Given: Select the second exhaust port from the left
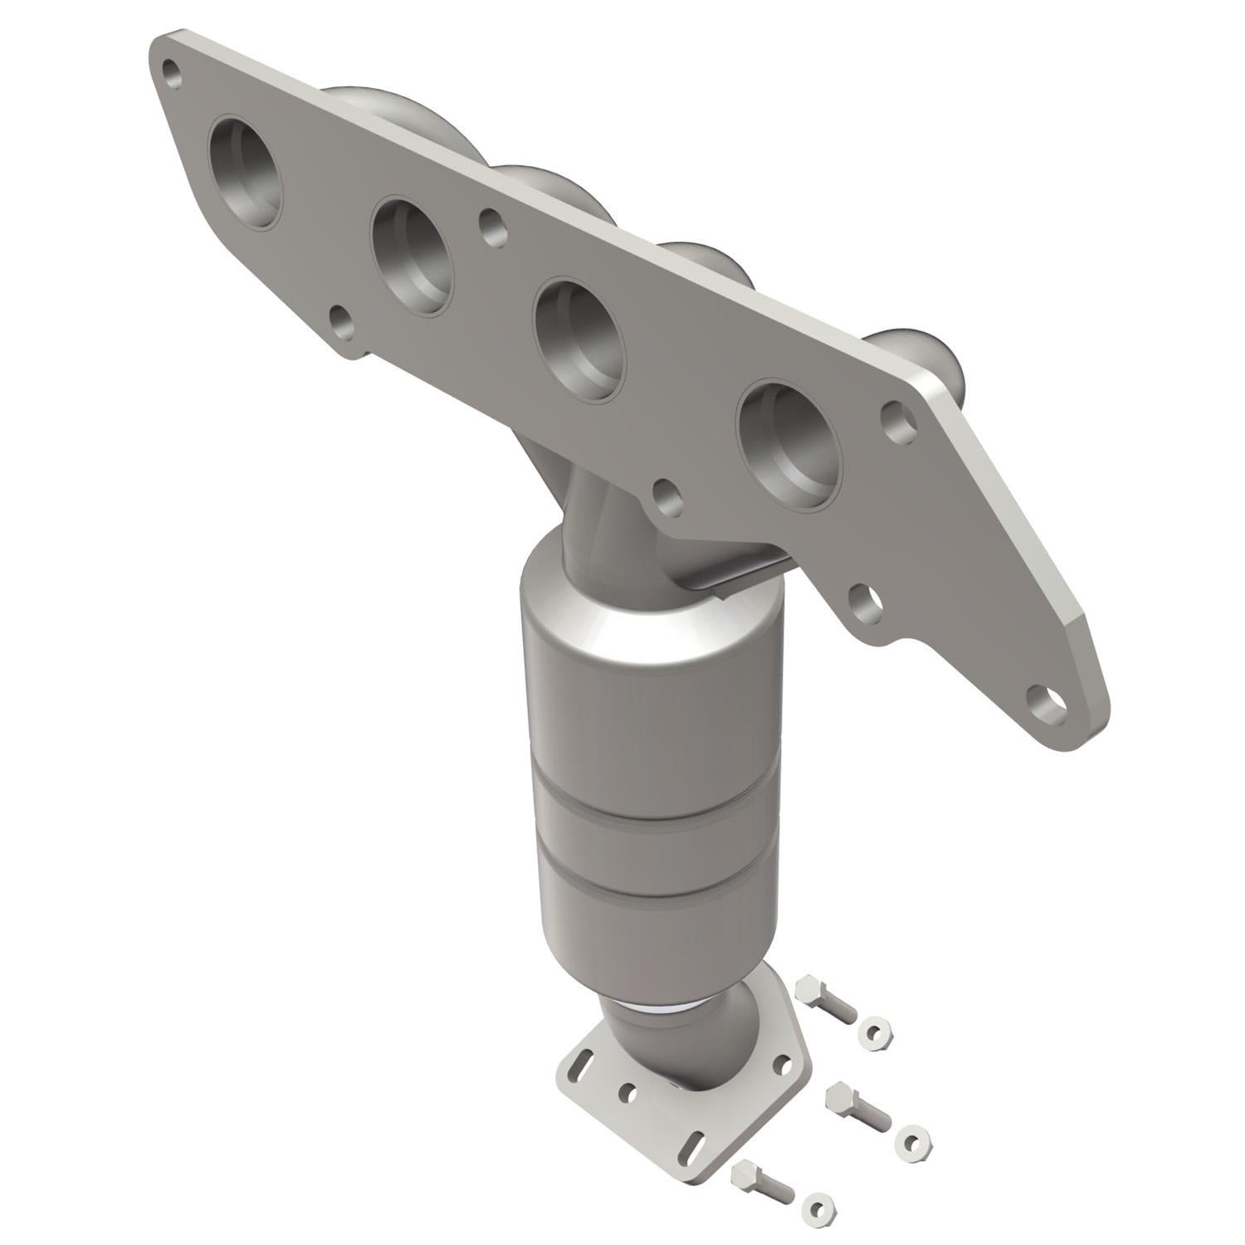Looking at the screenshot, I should tap(413, 255).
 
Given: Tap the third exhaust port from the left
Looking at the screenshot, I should tap(579, 340).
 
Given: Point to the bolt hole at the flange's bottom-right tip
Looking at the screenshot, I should tap(1045, 702).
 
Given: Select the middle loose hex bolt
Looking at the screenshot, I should tap(855, 1104).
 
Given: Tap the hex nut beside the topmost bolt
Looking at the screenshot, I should tap(876, 1033).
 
